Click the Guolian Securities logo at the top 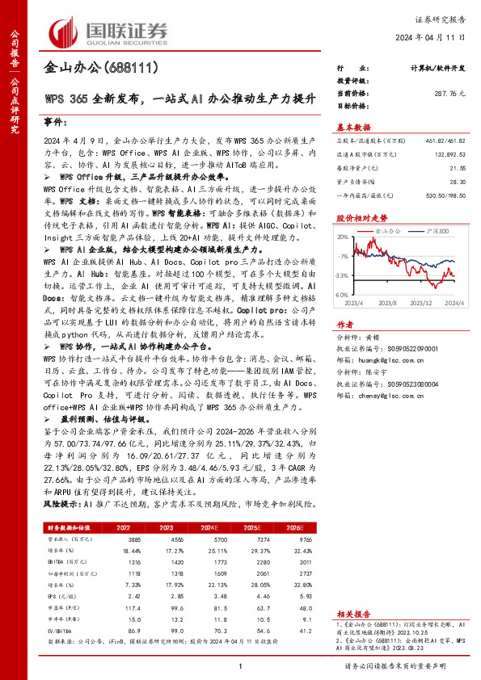click(x=109, y=30)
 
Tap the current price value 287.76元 click(x=449, y=94)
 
